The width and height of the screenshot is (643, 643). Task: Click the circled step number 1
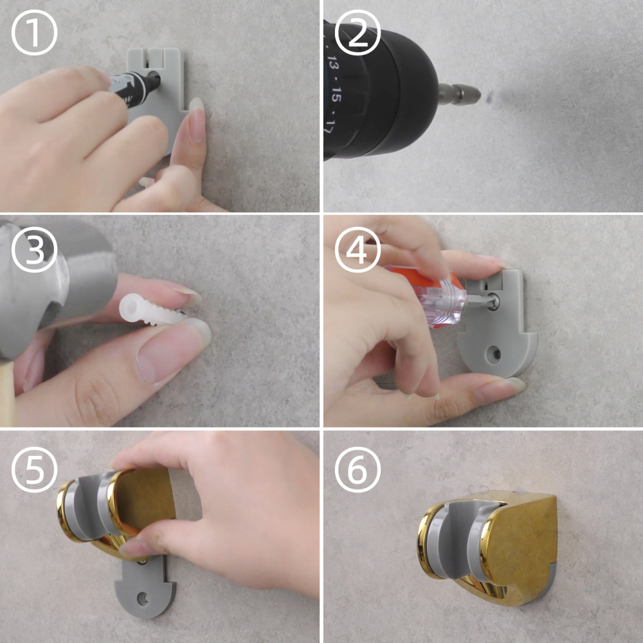point(34,33)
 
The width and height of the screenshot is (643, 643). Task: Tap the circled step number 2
point(358,33)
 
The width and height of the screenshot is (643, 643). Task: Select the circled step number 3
point(34,249)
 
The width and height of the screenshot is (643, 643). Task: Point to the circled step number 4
point(358,249)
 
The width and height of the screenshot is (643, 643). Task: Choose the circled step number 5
point(34,469)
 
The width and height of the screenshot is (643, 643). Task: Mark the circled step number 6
point(358,469)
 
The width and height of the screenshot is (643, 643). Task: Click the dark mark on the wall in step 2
point(489,98)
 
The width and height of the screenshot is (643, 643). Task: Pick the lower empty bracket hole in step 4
point(494,354)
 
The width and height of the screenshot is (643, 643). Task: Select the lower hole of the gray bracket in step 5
point(143,598)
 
